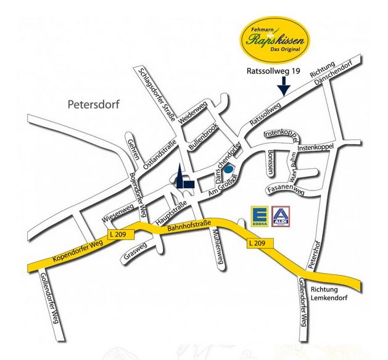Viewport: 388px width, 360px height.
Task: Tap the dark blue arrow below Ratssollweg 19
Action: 283,87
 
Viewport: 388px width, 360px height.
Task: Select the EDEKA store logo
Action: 258,215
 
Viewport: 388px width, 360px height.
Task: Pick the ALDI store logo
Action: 281,215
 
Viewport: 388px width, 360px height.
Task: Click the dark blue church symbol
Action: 184,179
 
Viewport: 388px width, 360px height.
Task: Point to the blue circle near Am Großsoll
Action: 228,169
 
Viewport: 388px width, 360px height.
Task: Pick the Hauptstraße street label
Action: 170,210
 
